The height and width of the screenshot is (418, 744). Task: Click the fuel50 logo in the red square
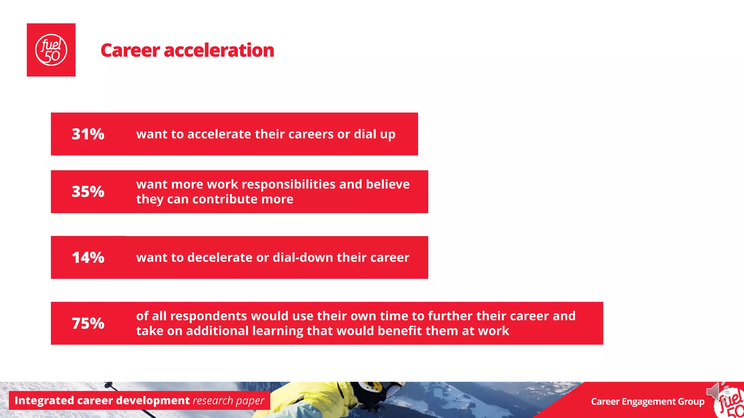click(51, 50)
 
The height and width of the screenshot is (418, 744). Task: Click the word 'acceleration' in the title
click(219, 50)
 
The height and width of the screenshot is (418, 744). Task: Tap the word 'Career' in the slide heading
click(130, 50)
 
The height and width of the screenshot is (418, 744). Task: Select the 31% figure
click(88, 134)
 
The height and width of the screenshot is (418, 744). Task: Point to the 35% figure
click(88, 192)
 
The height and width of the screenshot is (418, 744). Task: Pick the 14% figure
click(88, 258)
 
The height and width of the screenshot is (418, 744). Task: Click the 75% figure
click(88, 323)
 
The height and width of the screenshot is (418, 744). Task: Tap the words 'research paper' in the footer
click(229, 401)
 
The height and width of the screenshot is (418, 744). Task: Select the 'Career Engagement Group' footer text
click(647, 402)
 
